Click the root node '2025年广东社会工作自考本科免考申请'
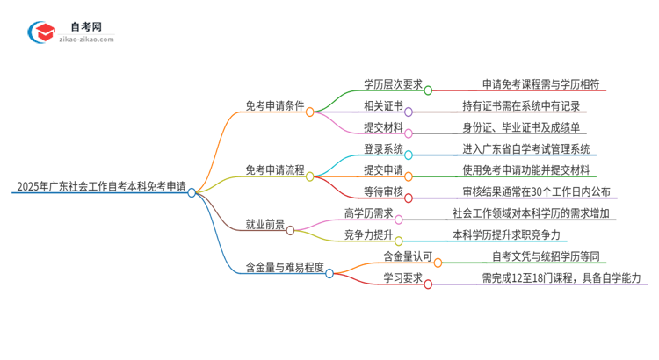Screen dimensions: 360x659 pyautogui.click(x=100, y=187)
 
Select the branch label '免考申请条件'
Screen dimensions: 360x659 pyautogui.click(x=274, y=105)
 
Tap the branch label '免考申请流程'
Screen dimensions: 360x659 pyautogui.click(x=274, y=169)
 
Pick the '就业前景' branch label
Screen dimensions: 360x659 pyautogui.click(x=264, y=224)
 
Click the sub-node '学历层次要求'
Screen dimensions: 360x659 pyautogui.click(x=393, y=84)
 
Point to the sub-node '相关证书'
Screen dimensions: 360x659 pyautogui.click(x=383, y=105)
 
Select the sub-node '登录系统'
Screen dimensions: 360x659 pyautogui.click(x=383, y=148)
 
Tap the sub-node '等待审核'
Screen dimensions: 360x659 pyautogui.click(x=383, y=191)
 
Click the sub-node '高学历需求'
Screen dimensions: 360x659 pyautogui.click(x=369, y=212)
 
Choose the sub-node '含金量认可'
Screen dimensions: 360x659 pyautogui.click(x=408, y=256)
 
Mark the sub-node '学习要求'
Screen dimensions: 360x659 pyautogui.click(x=402, y=277)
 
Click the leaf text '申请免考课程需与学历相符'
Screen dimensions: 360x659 pyautogui.click(x=540, y=84)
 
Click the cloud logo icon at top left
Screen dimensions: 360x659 pyautogui.click(x=42, y=33)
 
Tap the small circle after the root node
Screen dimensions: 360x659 pyautogui.click(x=192, y=192)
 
